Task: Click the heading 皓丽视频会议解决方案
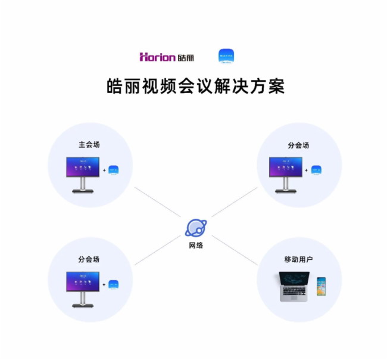[194, 86]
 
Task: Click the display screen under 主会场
[83, 167]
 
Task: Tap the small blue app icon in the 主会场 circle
[113, 170]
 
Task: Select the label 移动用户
[299, 260]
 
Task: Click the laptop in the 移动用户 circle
[295, 285]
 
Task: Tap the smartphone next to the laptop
[321, 286]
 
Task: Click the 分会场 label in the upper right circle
[299, 145]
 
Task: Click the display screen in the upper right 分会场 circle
[286, 167]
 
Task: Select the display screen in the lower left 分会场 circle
[83, 281]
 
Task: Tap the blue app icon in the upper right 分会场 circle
[316, 170]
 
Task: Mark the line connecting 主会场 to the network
[158, 203]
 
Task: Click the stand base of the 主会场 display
[83, 191]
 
